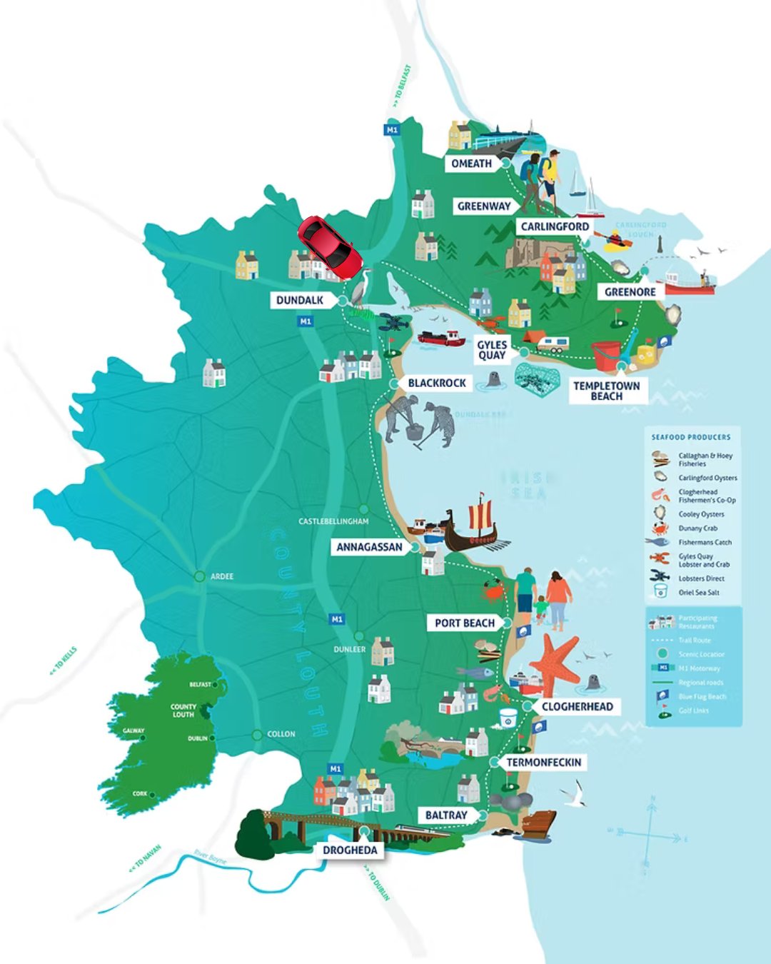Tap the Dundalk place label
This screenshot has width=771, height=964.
point(300,301)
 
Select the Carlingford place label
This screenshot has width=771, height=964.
point(555,226)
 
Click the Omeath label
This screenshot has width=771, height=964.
point(471,164)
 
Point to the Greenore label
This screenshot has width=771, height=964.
point(630,292)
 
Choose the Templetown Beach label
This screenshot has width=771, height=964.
point(607,391)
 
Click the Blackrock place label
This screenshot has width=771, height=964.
point(436,383)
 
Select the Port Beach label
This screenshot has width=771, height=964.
point(465,623)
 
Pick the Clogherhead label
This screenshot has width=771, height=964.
point(577,706)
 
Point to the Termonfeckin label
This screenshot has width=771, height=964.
point(543,763)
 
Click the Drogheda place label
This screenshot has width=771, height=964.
point(350,850)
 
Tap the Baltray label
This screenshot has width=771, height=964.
point(446,815)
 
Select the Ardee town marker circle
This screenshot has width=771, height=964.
point(199,576)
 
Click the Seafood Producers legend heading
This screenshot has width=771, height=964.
point(690,437)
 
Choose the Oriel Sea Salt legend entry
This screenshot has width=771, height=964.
point(698,592)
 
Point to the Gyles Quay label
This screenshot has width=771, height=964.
point(491,350)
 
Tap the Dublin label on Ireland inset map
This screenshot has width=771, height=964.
point(197,738)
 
